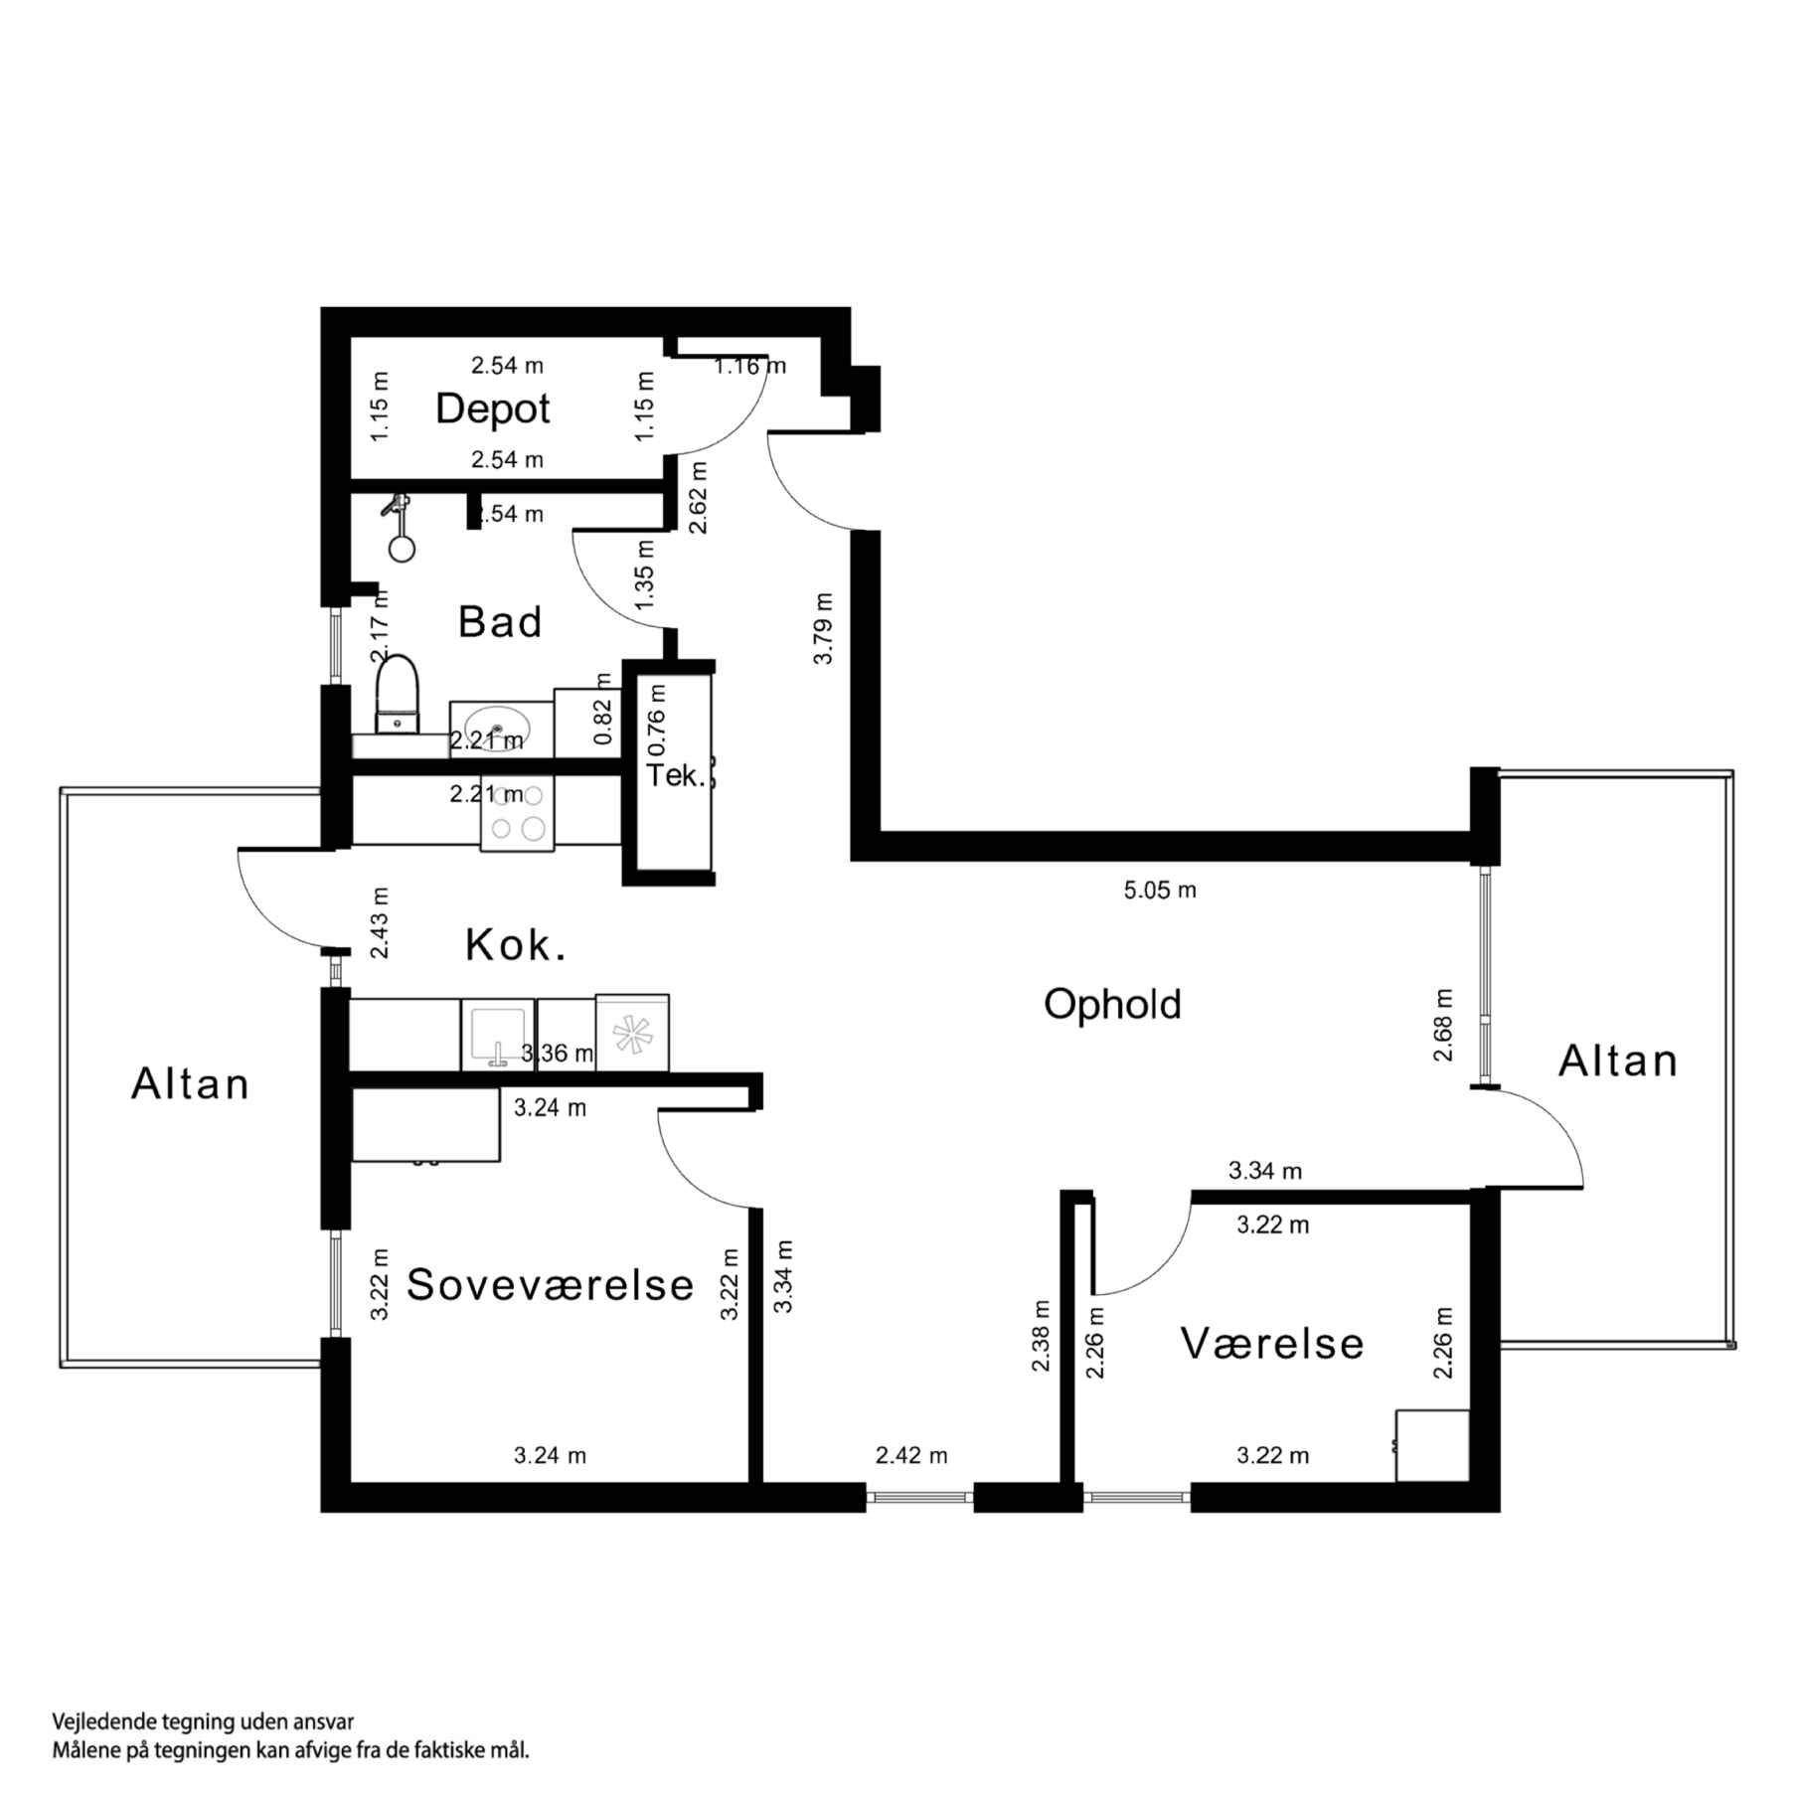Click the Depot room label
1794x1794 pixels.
pos(492,408)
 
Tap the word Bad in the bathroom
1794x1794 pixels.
pos(499,622)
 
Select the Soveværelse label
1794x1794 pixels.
pos(550,1285)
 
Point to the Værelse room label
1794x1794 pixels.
pos(1272,1344)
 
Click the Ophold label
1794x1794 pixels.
pos(1112,1004)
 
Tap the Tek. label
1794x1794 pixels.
pos(676,775)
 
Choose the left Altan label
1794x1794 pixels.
pos(190,1083)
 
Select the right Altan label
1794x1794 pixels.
pos(1617,1060)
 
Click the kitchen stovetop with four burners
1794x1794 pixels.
pos(518,813)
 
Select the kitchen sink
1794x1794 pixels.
pos(497,1034)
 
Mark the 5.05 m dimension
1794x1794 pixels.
pos(1160,891)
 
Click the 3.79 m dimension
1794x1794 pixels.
pos(823,628)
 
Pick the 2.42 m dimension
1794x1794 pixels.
pos(911,1456)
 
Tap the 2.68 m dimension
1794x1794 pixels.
pos(1443,1025)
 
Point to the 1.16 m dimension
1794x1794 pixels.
pos(749,366)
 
